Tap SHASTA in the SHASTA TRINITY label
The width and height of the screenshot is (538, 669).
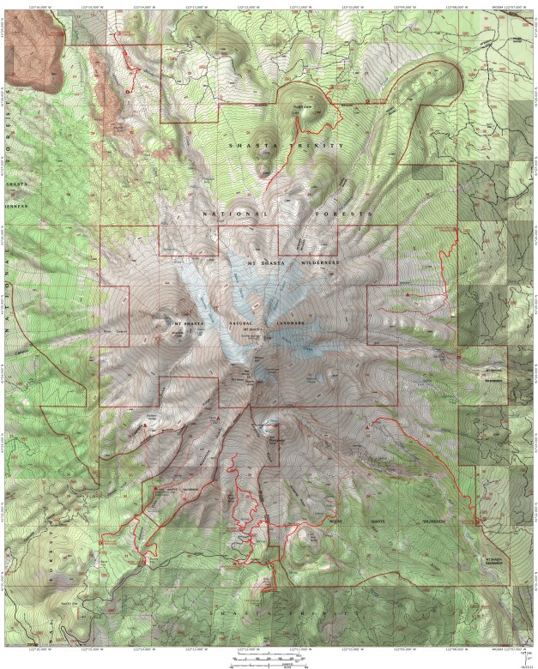(250, 146)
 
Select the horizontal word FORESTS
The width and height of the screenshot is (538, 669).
(349, 211)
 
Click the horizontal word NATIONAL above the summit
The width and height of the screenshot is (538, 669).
(227, 211)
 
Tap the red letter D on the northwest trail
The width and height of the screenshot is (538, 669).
(128, 91)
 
